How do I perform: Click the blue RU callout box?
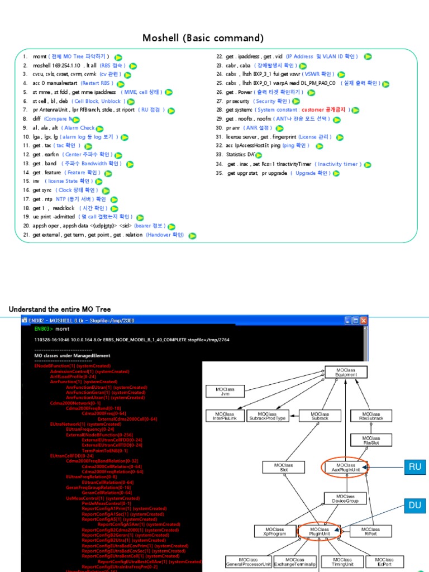pyautogui.click(x=414, y=467)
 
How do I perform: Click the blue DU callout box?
pyautogui.click(x=414, y=506)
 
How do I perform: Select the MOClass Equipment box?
pyautogui.click(x=346, y=372)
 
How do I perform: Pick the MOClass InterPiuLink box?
pyautogui.click(x=225, y=416)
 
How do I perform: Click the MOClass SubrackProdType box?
pyautogui.click(x=268, y=416)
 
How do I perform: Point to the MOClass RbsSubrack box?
pyautogui.click(x=371, y=416)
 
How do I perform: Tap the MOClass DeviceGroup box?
pyautogui.click(x=345, y=498)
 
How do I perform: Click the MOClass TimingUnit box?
pyautogui.click(x=342, y=561)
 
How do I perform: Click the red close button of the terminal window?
pyautogui.click(x=364, y=321)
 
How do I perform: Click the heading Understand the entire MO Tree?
pyautogui.click(x=60, y=309)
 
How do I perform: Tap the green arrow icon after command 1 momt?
pyautogui.click(x=118, y=57)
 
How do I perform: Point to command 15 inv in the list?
pyautogui.click(x=37, y=181)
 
